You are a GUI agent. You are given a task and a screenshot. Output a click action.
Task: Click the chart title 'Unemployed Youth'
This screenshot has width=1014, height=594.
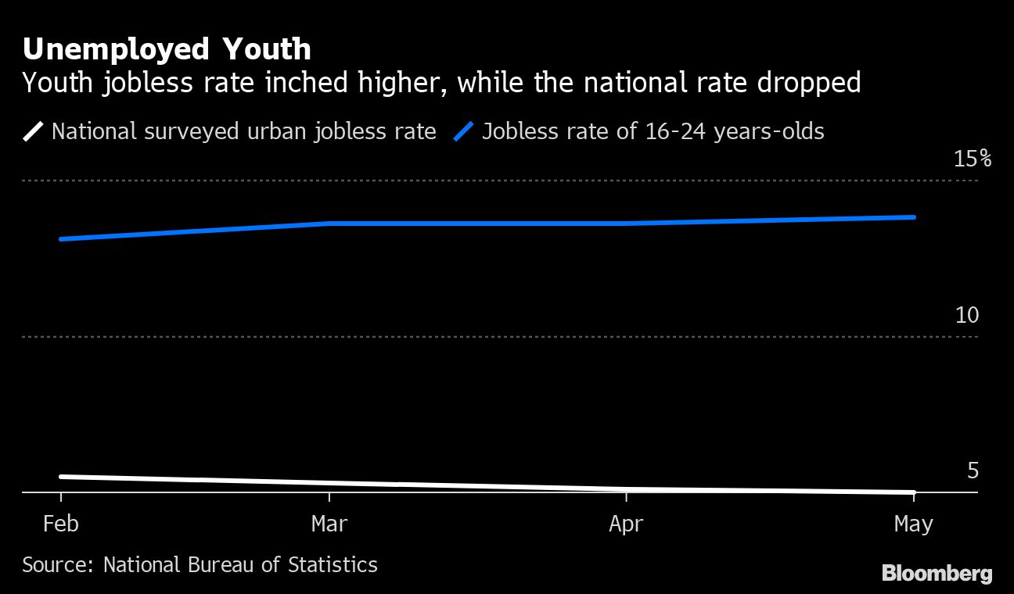pyautogui.click(x=167, y=49)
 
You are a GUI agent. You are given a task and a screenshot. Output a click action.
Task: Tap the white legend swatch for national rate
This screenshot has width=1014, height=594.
pyautogui.click(x=34, y=131)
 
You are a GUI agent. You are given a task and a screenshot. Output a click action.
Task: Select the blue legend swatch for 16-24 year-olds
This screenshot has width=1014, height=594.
pyautogui.click(x=463, y=131)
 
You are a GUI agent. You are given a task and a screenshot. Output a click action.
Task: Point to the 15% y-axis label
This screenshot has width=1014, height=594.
pyautogui.click(x=973, y=159)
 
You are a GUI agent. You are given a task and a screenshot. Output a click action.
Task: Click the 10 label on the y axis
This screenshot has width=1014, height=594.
pyautogui.click(x=967, y=315)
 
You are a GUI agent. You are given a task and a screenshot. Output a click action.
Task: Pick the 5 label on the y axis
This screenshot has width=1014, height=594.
pyautogui.click(x=973, y=471)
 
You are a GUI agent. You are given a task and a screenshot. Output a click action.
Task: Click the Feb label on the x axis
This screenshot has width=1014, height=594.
pyautogui.click(x=61, y=524)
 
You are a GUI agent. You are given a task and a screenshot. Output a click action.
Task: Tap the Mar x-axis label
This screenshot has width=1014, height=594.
pyautogui.click(x=329, y=524)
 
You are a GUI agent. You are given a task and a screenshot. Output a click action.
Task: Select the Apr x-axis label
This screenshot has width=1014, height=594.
pyautogui.click(x=626, y=524)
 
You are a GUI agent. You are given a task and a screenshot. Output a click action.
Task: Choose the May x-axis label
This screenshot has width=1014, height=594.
pyautogui.click(x=913, y=524)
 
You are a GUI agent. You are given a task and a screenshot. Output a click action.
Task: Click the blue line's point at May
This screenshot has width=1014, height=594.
pyautogui.click(x=913, y=217)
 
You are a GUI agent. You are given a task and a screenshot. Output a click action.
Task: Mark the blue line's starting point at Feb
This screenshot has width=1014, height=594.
pyautogui.click(x=62, y=239)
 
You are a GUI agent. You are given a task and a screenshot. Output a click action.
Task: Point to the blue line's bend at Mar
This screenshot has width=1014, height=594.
pyautogui.click(x=329, y=224)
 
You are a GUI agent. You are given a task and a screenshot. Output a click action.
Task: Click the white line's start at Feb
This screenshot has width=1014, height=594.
pyautogui.click(x=62, y=477)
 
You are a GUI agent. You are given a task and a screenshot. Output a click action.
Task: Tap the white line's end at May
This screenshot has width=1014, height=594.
pyautogui.click(x=913, y=492)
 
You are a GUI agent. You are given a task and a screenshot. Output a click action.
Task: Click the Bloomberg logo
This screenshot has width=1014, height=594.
pyautogui.click(x=937, y=573)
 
